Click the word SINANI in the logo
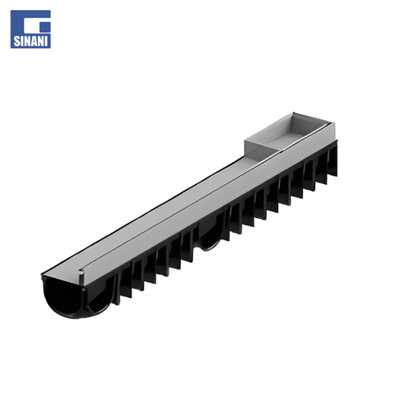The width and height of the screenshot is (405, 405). click(x=30, y=41)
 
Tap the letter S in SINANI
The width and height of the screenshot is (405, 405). click(x=16, y=41)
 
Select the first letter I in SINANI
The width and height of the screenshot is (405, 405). click(x=22, y=41)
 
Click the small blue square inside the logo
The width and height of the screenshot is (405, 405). click(x=46, y=27)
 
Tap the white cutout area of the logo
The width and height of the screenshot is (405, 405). click(x=32, y=27)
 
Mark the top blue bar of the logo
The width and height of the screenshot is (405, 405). click(x=30, y=14)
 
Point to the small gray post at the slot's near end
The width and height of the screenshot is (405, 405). click(x=81, y=277)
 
